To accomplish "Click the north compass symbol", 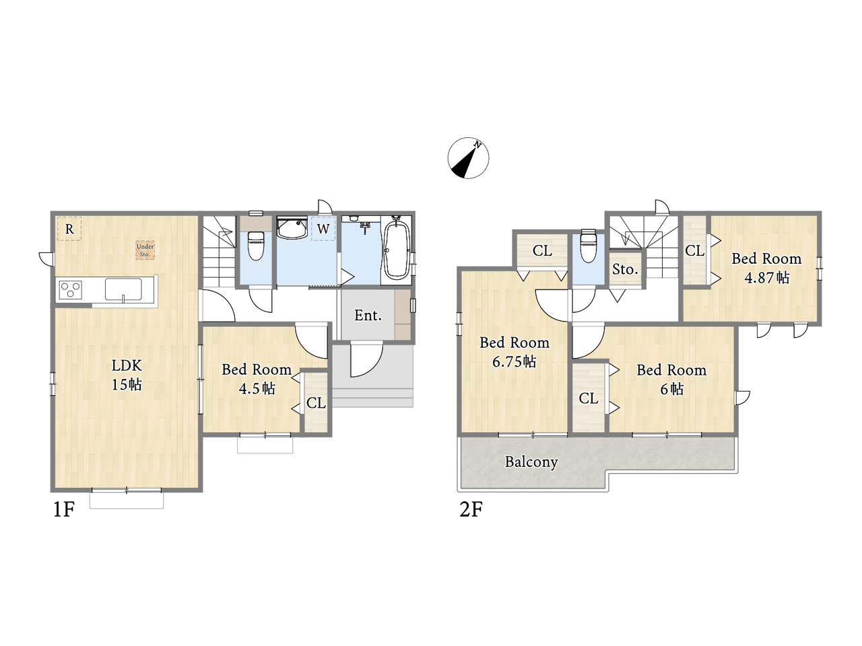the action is click(x=468, y=158).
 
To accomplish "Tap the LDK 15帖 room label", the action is click(x=127, y=375).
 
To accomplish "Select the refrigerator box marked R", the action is click(x=69, y=229).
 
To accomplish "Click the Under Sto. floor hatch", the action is click(x=145, y=250).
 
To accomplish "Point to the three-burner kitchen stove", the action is click(x=71, y=291).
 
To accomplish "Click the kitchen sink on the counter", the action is click(x=123, y=289).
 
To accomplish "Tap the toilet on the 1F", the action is click(x=256, y=246).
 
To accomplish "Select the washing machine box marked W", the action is click(x=323, y=228).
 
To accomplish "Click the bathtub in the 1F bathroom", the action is click(x=397, y=250).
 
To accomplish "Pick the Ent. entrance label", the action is click(x=368, y=316).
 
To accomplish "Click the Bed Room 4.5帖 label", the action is click(x=257, y=378).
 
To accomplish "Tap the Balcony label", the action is click(x=531, y=462).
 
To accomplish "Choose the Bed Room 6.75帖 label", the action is click(x=515, y=352).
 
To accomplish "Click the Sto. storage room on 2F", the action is click(x=625, y=269).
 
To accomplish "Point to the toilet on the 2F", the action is click(x=589, y=246).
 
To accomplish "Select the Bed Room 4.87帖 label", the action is click(x=766, y=268).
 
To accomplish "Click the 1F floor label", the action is click(x=63, y=509).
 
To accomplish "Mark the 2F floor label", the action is click(x=471, y=509).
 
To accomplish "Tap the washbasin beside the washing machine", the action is click(x=292, y=227).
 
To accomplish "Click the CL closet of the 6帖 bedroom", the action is click(x=589, y=398).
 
